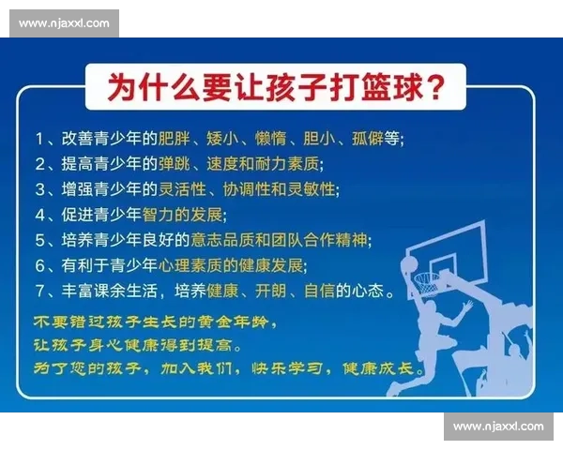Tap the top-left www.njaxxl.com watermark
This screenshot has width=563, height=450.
pos(64,23)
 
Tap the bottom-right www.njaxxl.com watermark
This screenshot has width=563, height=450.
pos(497,427)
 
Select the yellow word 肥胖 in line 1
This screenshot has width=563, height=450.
pos(177,139)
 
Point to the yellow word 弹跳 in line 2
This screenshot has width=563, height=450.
pos(177,164)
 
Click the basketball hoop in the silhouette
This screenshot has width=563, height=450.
pos(426,278)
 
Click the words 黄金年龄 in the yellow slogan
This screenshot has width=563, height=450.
pos(226,322)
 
